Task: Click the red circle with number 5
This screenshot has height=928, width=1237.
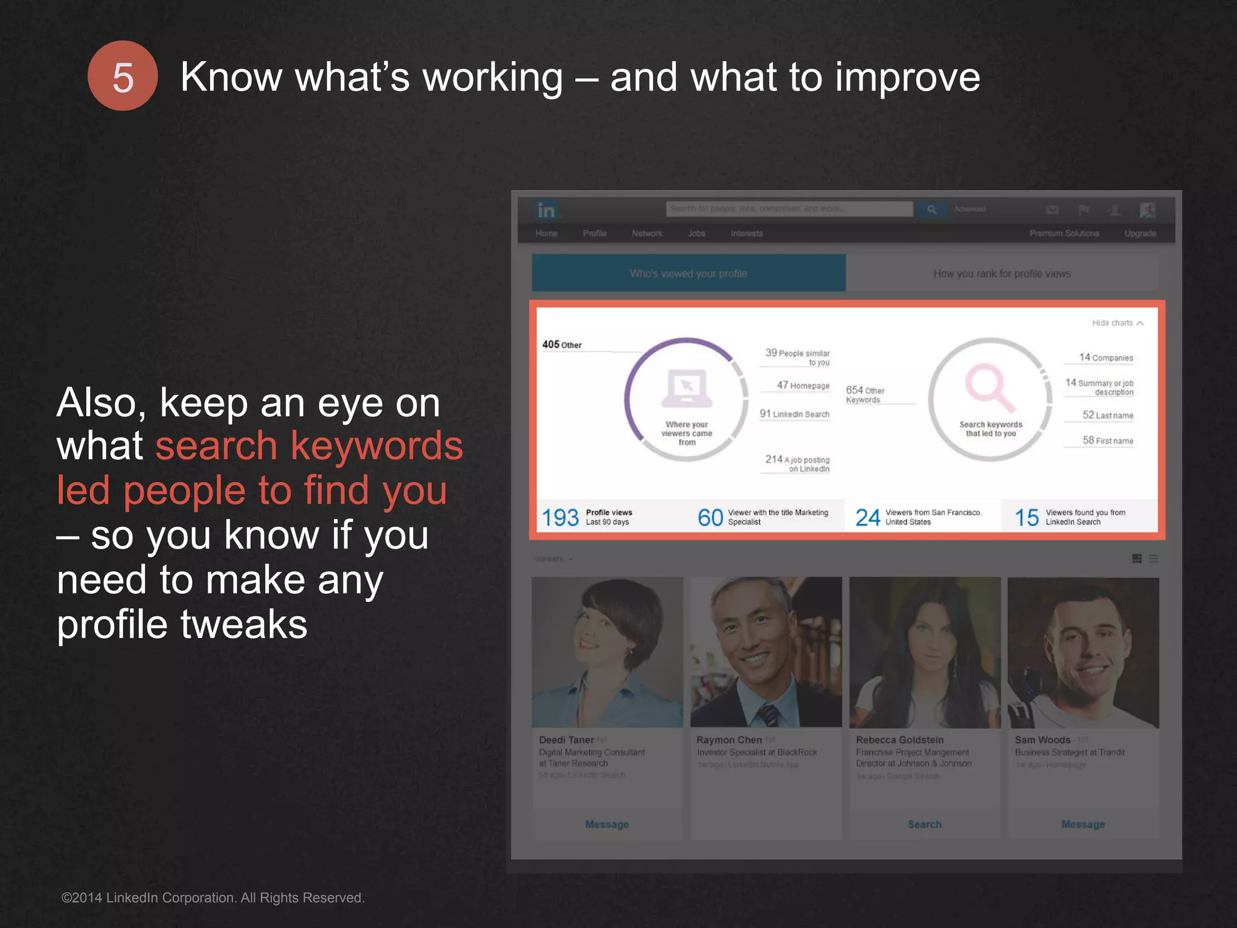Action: (123, 76)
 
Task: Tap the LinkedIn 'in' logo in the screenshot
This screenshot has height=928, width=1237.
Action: (546, 210)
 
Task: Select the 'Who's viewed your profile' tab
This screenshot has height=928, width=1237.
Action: (689, 274)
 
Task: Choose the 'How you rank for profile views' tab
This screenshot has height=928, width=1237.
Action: (1001, 274)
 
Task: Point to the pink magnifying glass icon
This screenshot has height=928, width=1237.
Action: (989, 387)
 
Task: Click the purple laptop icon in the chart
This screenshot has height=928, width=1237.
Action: (687, 388)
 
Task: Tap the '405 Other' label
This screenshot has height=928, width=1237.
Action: (562, 345)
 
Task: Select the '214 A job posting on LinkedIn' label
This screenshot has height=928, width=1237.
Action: (797, 463)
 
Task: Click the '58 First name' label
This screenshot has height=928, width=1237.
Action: (1108, 440)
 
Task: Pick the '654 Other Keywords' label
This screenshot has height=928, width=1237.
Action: (865, 395)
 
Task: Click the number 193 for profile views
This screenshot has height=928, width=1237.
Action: (560, 518)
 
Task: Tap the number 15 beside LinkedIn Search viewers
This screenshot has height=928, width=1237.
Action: (1027, 518)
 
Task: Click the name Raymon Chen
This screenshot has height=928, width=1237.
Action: (729, 740)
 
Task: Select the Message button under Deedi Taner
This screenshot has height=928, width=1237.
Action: (607, 824)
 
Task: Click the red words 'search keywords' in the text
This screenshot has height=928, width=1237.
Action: (309, 446)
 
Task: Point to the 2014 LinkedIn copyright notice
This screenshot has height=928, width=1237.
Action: (213, 898)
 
